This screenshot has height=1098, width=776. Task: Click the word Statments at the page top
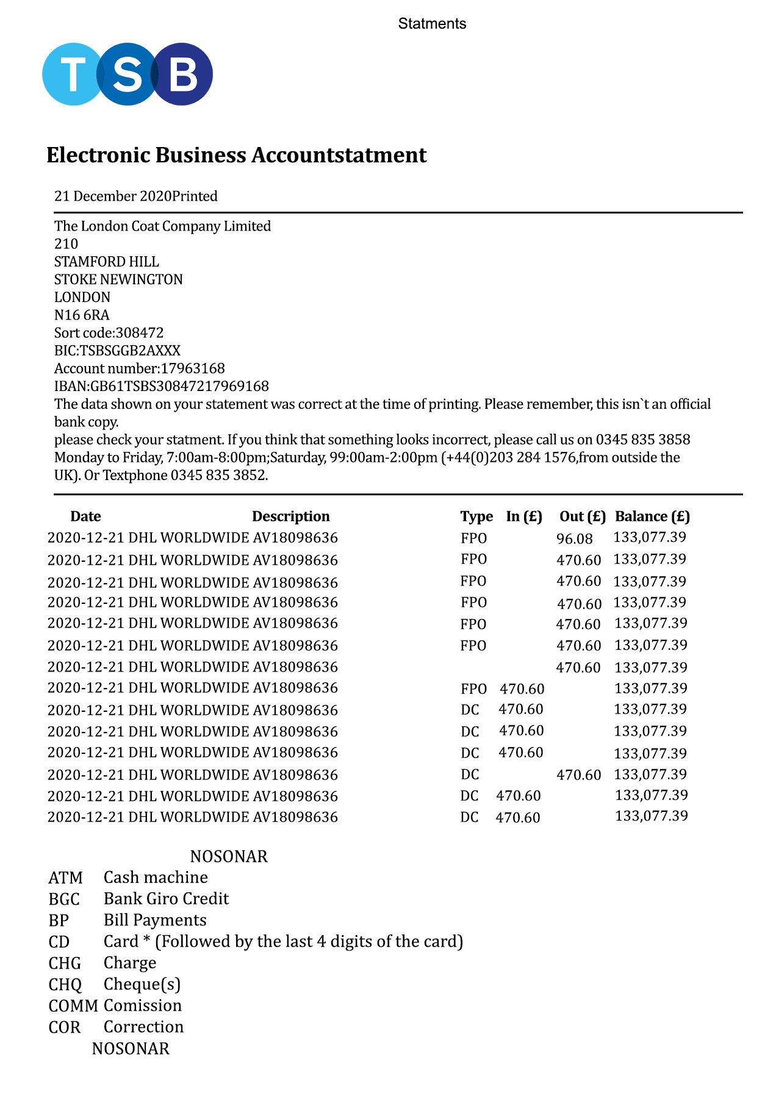(x=432, y=24)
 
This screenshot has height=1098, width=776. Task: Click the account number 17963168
(x=192, y=368)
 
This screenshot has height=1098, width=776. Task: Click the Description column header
(x=290, y=517)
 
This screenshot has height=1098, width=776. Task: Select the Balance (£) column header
(x=652, y=517)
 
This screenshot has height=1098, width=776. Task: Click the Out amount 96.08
(x=574, y=539)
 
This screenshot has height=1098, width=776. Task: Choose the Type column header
(x=476, y=517)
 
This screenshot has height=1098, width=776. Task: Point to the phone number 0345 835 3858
(x=642, y=440)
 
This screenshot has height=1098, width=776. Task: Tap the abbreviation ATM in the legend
(x=65, y=878)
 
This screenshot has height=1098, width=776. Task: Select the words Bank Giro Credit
(x=166, y=899)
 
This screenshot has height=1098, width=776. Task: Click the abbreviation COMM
(x=73, y=1006)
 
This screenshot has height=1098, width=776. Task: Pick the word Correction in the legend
(x=143, y=1027)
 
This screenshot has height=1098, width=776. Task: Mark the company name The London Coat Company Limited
(x=162, y=226)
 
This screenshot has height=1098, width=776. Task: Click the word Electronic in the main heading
(x=98, y=155)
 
